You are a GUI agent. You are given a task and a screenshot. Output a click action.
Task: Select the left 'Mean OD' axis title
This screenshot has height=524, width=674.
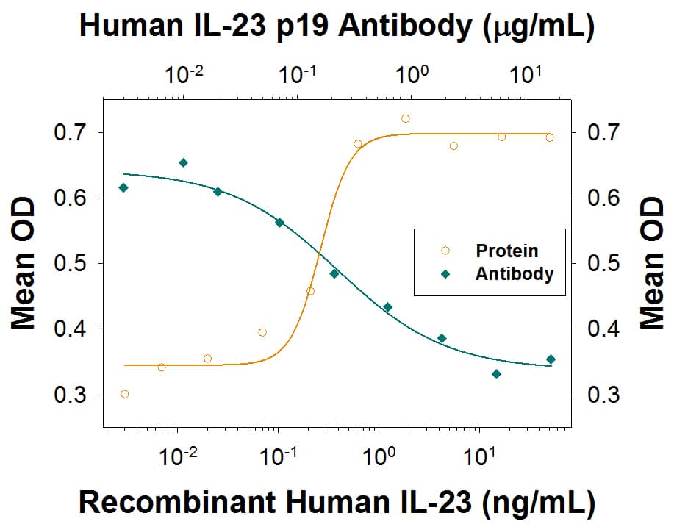coord(24,263)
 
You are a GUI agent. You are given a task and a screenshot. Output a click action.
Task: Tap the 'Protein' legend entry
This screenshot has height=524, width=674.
coord(506,251)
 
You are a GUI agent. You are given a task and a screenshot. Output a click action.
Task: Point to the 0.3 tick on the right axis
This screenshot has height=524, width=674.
coord(571,395)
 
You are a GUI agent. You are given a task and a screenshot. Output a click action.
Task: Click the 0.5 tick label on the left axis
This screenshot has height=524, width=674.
coord(74,264)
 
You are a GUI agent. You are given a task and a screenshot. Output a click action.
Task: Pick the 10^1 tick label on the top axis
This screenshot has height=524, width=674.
coord(525,73)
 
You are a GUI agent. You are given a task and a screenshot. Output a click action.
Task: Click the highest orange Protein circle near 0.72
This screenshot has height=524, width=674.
coord(405,118)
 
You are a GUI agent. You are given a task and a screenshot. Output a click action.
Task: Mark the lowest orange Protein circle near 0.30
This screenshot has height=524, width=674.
coord(124,394)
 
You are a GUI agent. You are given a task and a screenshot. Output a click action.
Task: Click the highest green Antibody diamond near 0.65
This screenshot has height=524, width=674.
coord(183,162)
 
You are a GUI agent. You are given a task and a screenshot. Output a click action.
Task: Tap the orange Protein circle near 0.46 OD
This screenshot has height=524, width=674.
coord(310,291)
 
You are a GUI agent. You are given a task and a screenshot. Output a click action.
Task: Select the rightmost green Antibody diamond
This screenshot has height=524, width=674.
coord(551,359)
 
